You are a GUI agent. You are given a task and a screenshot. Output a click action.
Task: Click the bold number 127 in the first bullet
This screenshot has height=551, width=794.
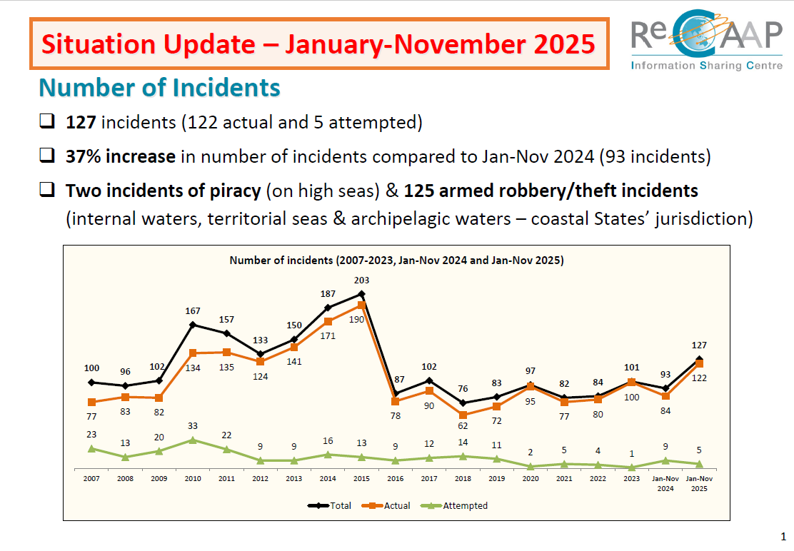(x=81, y=122)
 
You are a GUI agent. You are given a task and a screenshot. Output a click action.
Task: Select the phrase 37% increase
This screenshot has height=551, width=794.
(x=121, y=156)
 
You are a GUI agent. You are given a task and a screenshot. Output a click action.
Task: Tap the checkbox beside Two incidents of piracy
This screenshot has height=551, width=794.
(x=47, y=190)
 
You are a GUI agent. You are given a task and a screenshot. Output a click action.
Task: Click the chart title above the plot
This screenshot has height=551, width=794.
(x=396, y=261)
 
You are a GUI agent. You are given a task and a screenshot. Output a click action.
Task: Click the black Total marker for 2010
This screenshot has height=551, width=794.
(x=193, y=325)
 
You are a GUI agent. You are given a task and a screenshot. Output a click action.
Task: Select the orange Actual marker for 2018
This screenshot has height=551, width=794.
(x=463, y=415)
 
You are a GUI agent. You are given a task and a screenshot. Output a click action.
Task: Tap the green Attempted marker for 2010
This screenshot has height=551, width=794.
(x=193, y=440)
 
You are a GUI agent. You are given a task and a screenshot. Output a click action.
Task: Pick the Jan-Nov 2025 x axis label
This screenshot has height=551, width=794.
(x=699, y=483)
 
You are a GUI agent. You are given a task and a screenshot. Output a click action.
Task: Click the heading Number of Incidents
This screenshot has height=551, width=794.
(x=159, y=88)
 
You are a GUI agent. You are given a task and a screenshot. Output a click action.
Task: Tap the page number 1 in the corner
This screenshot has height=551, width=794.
(x=783, y=536)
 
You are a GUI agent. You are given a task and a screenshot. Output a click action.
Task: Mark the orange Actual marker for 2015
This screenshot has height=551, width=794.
(x=361, y=305)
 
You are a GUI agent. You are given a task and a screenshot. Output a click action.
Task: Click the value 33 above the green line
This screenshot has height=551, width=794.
(x=193, y=426)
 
